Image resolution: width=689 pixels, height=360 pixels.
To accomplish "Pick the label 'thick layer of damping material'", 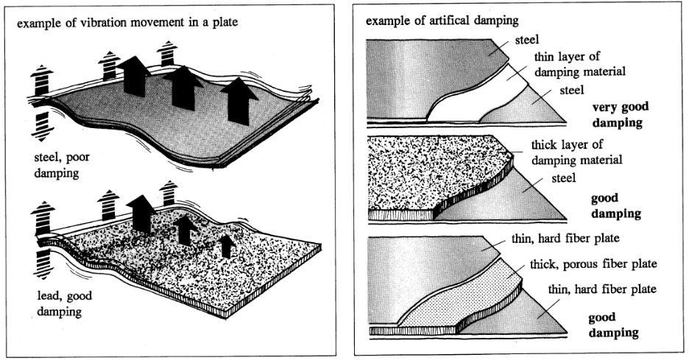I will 576,152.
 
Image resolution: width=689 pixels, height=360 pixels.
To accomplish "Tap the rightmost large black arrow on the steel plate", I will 239,99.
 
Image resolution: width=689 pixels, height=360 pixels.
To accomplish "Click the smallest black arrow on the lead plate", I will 227,244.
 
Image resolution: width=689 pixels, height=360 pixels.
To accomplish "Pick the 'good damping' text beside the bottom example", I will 613,325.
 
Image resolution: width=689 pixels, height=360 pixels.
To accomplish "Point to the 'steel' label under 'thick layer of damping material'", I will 564,177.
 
